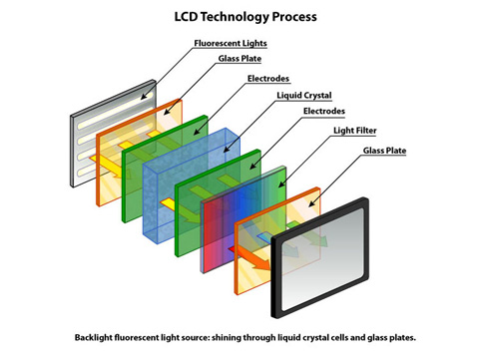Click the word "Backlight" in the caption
tap(97, 339)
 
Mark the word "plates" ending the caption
tap(384, 339)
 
